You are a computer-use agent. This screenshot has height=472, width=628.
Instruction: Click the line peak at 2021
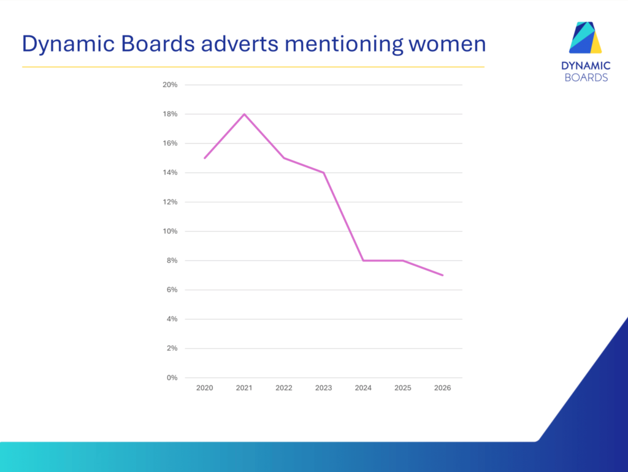[x=244, y=114]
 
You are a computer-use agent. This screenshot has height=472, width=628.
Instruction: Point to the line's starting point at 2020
[x=205, y=158]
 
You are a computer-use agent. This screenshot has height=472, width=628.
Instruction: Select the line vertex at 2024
[x=363, y=260]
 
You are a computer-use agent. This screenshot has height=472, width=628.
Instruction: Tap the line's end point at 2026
[x=443, y=275]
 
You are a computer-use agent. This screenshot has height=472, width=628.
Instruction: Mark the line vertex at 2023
[x=324, y=172]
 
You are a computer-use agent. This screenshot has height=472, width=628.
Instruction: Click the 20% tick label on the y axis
[x=170, y=85]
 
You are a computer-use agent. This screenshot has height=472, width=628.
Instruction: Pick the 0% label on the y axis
[x=172, y=377]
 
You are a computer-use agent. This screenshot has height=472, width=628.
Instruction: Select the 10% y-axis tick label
[x=170, y=231]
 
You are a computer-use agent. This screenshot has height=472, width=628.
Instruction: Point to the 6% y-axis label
[x=172, y=290]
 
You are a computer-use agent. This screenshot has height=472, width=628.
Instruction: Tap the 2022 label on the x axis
[x=284, y=388]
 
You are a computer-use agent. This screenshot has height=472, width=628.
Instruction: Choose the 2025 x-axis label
[x=403, y=388]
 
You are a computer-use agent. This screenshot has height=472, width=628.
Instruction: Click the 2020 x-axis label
[x=205, y=388]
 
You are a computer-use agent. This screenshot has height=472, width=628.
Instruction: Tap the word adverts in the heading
[x=240, y=44]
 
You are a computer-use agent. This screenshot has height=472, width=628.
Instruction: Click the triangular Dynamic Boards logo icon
[x=586, y=37]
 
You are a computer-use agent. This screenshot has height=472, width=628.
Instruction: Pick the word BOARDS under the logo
[x=586, y=77]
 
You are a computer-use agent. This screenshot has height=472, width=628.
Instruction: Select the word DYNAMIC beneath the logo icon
[x=586, y=66]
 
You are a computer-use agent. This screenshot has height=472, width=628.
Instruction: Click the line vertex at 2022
[x=284, y=158]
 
